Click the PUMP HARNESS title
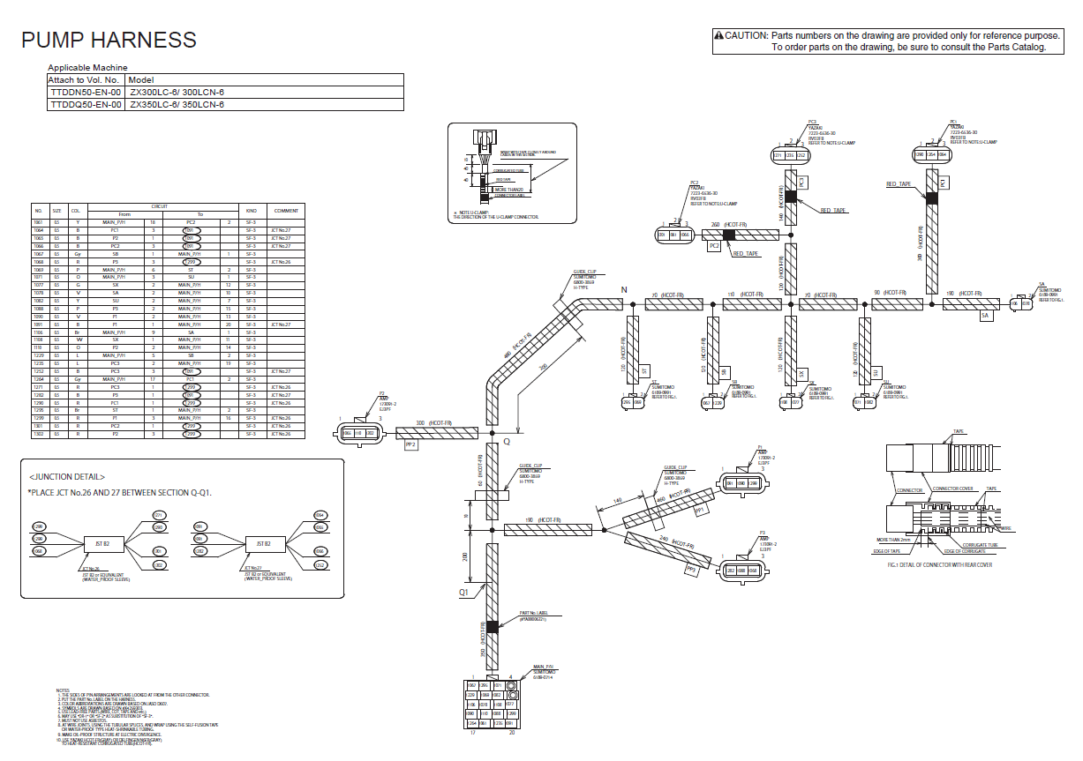pyautogui.click(x=109, y=40)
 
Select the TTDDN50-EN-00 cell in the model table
pyautogui.click(x=86, y=92)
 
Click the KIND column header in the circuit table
pyautogui.click(x=252, y=211)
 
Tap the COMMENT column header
pyautogui.click(x=286, y=211)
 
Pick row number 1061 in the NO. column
pyautogui.click(x=38, y=221)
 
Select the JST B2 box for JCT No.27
pyautogui.click(x=263, y=543)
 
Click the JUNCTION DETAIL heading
pyautogui.click(x=66, y=477)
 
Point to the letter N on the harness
pyautogui.click(x=623, y=290)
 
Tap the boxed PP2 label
pyautogui.click(x=410, y=446)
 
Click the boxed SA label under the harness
pyautogui.click(x=985, y=315)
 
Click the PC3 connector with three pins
pyautogui.click(x=790, y=156)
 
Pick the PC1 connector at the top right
pyautogui.click(x=930, y=154)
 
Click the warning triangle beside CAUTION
pyautogui.click(x=718, y=35)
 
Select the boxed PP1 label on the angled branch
pyautogui.click(x=702, y=510)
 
